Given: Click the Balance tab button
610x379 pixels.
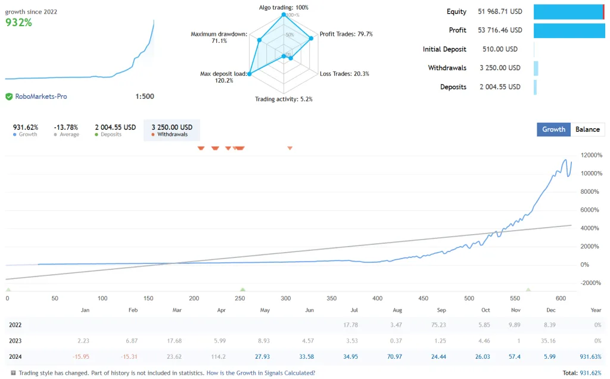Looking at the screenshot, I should (587, 129).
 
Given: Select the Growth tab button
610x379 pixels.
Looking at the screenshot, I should (553, 129).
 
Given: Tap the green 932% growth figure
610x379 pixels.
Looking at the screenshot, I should (19, 23).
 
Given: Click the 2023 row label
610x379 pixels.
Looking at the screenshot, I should (15, 341).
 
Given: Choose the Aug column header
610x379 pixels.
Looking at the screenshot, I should (398, 310).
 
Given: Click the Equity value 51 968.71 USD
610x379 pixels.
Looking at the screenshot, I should (500, 11).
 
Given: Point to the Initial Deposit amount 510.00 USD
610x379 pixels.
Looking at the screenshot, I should (500, 49).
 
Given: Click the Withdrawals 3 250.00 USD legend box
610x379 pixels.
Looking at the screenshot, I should (172, 130).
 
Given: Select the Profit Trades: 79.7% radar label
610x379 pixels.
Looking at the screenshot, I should (346, 34).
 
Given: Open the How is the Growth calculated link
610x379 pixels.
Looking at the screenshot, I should (260, 373).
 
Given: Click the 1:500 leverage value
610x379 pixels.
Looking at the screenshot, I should (145, 97).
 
